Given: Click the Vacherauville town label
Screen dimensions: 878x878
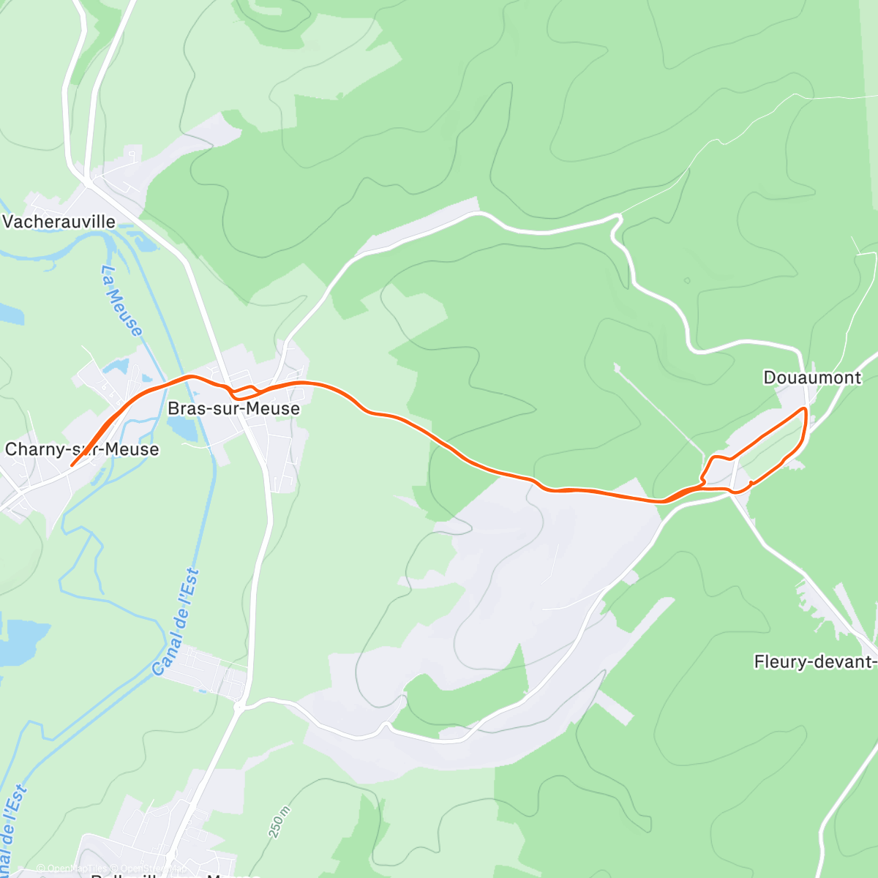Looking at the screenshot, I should [59, 221].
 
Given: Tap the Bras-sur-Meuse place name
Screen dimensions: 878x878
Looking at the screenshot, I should [233, 408].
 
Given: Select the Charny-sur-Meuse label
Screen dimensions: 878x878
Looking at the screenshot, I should [82, 449].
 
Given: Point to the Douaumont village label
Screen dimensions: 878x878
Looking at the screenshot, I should [812, 378].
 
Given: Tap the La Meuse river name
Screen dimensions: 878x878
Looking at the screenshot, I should [121, 301].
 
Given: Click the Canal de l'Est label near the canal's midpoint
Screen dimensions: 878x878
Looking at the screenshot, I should [176, 622].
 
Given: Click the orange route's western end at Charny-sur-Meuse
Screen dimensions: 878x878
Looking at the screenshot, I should [71, 465].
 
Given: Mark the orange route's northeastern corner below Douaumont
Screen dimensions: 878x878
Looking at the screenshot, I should [805, 408].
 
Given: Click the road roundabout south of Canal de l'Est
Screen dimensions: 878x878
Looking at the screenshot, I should [239, 707].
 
